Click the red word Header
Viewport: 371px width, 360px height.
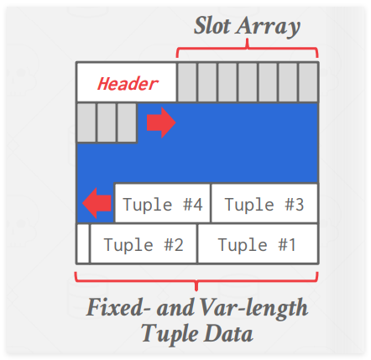(128, 84)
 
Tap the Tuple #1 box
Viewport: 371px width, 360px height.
(258, 243)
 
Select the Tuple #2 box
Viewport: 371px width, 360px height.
(144, 243)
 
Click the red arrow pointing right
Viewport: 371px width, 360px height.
(161, 123)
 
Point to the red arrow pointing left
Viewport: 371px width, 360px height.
(97, 203)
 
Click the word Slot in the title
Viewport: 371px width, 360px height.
(212, 26)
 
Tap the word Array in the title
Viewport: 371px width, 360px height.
(268, 27)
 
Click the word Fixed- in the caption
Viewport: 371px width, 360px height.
(118, 307)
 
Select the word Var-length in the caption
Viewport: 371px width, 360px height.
(254, 309)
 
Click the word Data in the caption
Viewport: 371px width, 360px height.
(228, 333)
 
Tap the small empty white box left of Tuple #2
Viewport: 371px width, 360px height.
(83, 243)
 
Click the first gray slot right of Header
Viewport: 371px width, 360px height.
(187, 82)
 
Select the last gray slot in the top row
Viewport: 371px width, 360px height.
(308, 82)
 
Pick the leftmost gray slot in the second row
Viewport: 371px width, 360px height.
(86, 123)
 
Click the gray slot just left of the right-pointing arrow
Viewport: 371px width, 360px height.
(127, 123)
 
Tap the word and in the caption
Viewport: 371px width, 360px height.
(175, 308)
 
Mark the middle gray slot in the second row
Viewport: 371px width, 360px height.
(107, 123)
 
